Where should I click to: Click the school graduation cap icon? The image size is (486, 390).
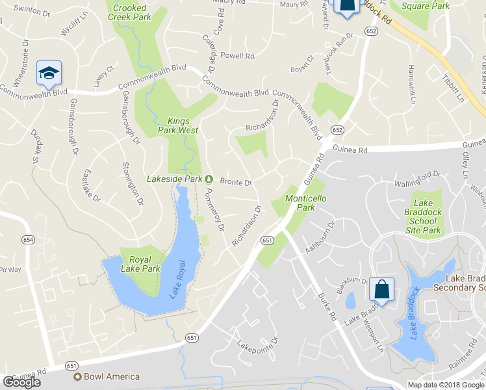click(x=49, y=74)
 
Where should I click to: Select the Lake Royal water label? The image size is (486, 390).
click(x=177, y=279)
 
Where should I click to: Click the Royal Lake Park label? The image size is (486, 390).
click(x=140, y=264)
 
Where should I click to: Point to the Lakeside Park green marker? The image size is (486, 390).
click(x=209, y=179)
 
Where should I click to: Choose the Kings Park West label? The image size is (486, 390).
click(x=183, y=125)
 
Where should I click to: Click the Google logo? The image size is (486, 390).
click(x=21, y=382)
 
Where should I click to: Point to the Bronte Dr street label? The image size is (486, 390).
click(x=235, y=182)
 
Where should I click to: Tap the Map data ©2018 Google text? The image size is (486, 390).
click(x=446, y=384)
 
